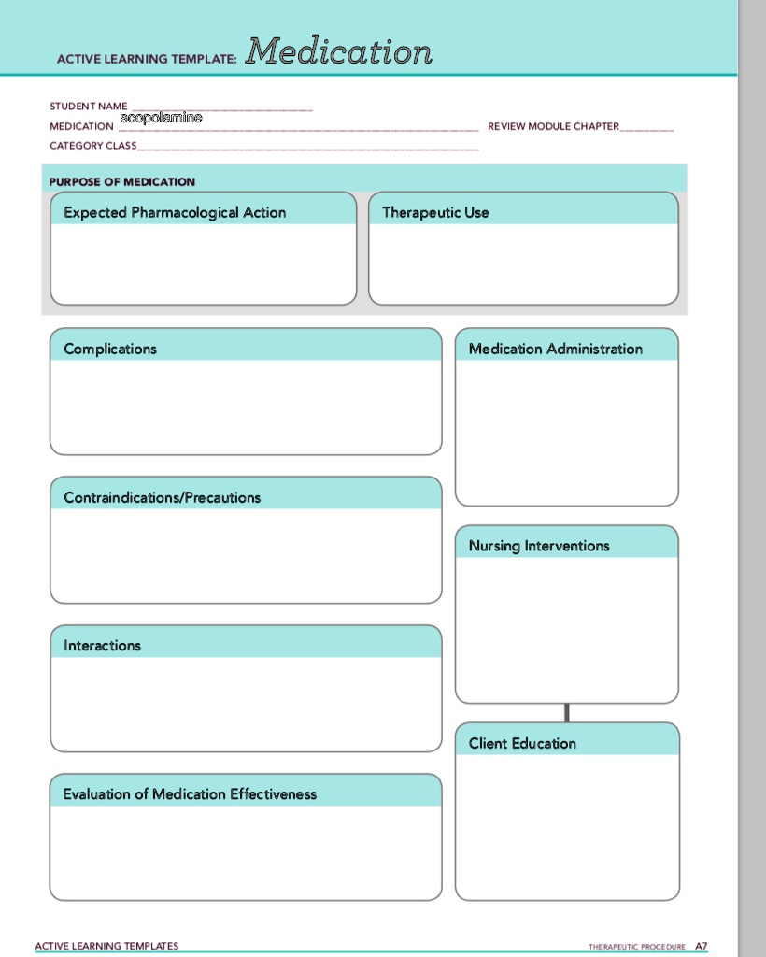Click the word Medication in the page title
[x=339, y=51]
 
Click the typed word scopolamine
[x=161, y=119]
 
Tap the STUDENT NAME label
[x=89, y=107]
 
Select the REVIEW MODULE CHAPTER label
[x=553, y=126]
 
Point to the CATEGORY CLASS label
[x=92, y=146]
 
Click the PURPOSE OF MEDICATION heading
[x=122, y=181]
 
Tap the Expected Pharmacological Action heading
[x=175, y=212]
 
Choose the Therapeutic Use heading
[x=435, y=212]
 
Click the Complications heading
[x=110, y=349]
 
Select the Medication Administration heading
[x=556, y=349]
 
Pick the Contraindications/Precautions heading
[x=163, y=497]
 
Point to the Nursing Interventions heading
[x=539, y=546]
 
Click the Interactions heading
[x=102, y=645]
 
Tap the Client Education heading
[x=522, y=743]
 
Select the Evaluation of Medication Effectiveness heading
[x=190, y=793]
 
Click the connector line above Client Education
[x=567, y=712]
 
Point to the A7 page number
[x=702, y=946]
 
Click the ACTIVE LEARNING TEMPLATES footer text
[x=106, y=946]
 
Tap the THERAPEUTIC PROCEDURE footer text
[x=637, y=947]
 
